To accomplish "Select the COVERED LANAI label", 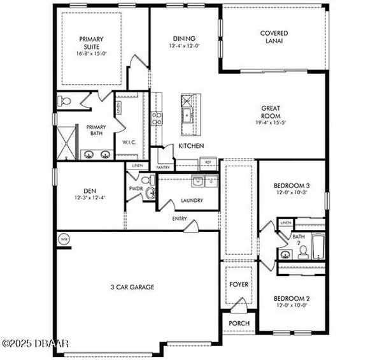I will pos(274,38).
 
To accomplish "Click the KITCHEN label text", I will pos(191,147).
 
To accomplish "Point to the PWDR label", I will pos(135,189).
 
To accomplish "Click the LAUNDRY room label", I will pos(191,201).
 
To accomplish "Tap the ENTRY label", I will pos(179,219).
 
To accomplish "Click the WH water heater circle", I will pos(64,239).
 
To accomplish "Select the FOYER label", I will pos(239,284).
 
